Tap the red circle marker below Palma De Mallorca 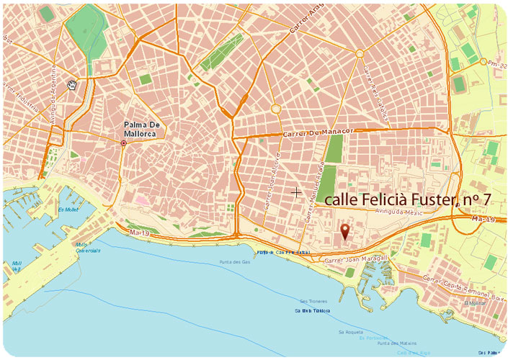click(x=124, y=143)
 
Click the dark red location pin click(x=345, y=231)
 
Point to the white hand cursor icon click(x=72, y=86)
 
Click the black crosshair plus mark click(x=295, y=192)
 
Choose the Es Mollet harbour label click(x=68, y=210)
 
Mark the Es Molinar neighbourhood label click(x=475, y=303)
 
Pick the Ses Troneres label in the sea click(x=313, y=301)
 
